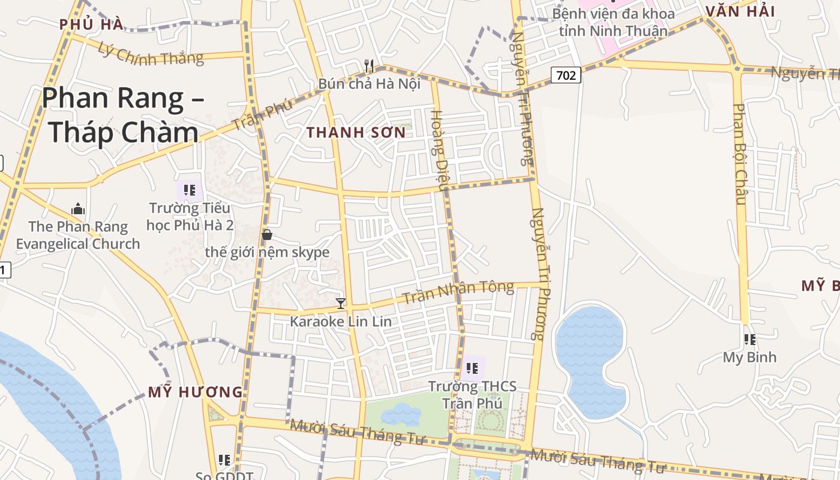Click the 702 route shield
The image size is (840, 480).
(566, 75)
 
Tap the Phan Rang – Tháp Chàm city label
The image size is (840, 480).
(123, 115)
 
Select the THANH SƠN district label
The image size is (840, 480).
(356, 133)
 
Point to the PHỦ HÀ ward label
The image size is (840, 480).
(91, 25)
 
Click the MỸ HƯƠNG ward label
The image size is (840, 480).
(196, 392)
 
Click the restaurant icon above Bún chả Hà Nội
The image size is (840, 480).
(369, 66)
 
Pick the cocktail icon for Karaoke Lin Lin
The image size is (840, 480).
(341, 304)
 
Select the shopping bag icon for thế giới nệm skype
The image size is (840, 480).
(267, 235)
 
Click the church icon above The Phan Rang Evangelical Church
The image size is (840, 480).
(78, 209)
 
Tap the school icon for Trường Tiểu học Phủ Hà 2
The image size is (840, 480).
(190, 191)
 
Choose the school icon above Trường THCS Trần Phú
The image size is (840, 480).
(472, 368)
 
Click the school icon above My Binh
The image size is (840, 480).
(749, 340)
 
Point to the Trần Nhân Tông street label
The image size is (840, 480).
(458, 292)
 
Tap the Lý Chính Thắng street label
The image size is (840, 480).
(151, 55)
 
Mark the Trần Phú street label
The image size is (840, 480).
(262, 115)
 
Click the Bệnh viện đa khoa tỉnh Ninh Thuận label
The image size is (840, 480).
(613, 22)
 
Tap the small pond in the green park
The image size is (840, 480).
(401, 413)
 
